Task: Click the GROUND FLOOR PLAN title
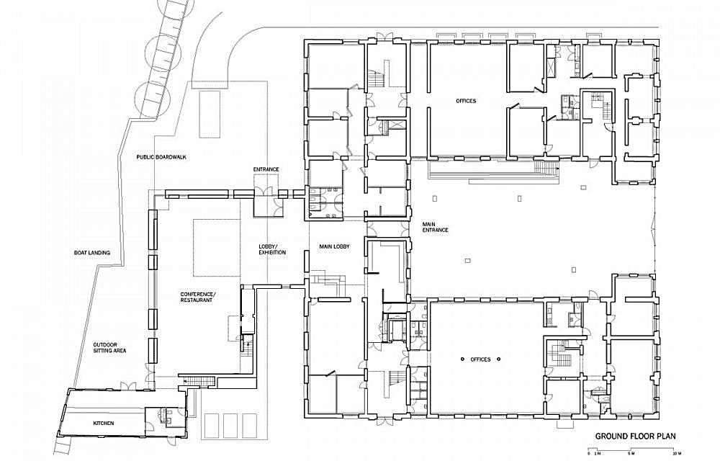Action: [635, 437]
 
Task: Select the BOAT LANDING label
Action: [92, 253]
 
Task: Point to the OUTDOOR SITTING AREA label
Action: [109, 348]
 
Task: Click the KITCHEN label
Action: [103, 423]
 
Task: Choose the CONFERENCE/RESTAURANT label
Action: [197, 297]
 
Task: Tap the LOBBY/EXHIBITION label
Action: [272, 249]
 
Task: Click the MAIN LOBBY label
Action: [334, 246]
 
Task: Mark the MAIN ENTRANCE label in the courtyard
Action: [436, 227]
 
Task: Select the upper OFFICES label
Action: [466, 101]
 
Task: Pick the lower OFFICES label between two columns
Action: [480, 359]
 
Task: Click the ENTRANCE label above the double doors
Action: [266, 169]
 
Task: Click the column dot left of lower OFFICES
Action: [462, 359]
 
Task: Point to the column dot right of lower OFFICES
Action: [499, 359]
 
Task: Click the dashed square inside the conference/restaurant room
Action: [217, 248]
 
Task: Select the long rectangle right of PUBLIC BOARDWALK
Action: [210, 113]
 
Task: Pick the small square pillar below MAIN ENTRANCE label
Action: [467, 260]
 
